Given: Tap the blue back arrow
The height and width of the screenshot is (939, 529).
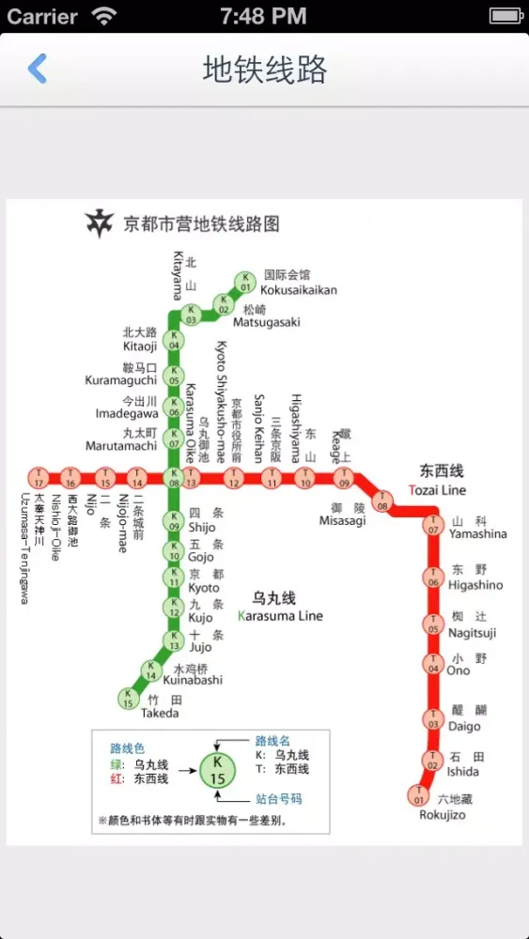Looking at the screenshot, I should [38, 69].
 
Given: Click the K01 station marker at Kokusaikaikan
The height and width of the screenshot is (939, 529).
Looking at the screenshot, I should [245, 280].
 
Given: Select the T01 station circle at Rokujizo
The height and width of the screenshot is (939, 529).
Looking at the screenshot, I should [417, 795].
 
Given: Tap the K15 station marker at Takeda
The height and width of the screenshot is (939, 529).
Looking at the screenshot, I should [128, 698].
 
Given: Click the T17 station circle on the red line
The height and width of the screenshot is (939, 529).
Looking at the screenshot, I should [38, 478].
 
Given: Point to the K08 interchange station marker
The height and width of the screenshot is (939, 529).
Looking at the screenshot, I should [174, 478].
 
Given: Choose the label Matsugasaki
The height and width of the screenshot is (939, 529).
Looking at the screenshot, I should [266, 322].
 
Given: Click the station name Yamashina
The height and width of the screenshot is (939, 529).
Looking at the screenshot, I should [477, 534].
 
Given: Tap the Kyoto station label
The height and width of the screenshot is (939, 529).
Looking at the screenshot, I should [204, 588].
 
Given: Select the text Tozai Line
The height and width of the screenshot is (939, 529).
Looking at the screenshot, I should [437, 490].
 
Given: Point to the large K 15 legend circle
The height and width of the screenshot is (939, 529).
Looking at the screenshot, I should [217, 770].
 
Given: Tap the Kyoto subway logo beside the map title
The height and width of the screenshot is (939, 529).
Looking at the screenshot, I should [99, 223].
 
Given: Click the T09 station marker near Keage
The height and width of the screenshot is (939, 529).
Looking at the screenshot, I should [344, 478].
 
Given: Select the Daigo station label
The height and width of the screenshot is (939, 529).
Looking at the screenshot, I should [463, 726].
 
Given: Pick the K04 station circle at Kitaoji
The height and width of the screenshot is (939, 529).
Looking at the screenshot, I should [174, 340].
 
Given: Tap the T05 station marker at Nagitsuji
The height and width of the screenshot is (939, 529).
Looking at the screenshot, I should [433, 623].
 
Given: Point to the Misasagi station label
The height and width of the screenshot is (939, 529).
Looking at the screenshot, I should [342, 521].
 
